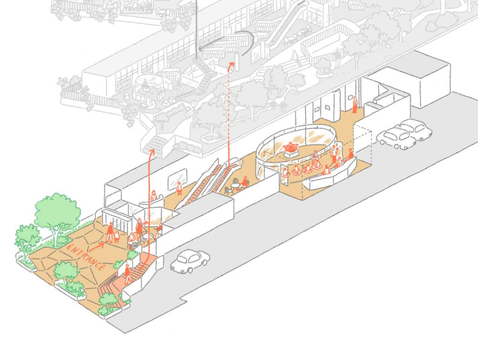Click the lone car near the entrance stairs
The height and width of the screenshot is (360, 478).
click(190, 261)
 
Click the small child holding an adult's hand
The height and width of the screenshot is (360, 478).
click(117, 236)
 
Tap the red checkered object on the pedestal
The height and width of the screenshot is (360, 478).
click(290, 148)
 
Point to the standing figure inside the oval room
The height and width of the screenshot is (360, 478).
click(334, 154)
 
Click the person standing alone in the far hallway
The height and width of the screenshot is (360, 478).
click(355, 104)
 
